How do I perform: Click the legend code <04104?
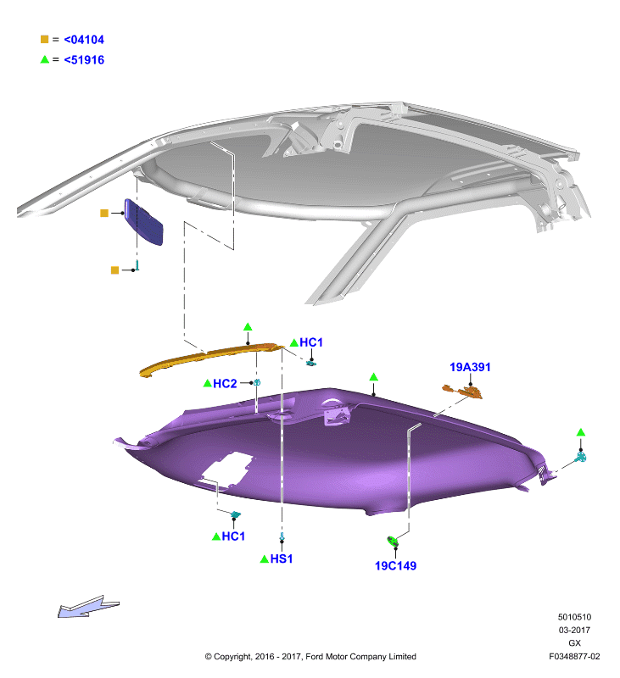click(x=84, y=40)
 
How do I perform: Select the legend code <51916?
click(x=84, y=59)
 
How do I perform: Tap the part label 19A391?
click(x=470, y=367)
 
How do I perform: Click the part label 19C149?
click(x=395, y=565)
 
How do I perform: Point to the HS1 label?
click(x=282, y=559)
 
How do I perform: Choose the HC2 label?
click(x=225, y=384)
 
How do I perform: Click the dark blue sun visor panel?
click(x=143, y=222)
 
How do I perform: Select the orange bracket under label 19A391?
click(x=462, y=391)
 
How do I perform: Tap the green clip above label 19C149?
click(x=393, y=541)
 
